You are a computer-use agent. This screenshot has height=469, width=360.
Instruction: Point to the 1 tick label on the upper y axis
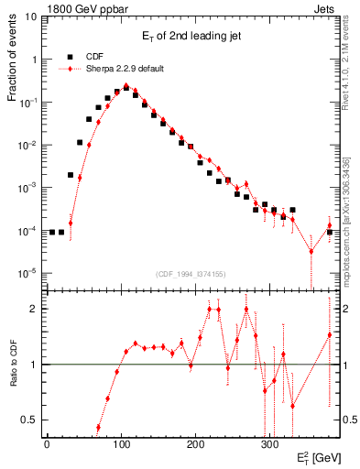click(35, 60)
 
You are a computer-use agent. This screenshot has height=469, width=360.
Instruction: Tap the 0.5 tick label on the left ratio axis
click(30, 420)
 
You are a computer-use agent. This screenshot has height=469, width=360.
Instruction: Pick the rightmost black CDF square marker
click(330, 232)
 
